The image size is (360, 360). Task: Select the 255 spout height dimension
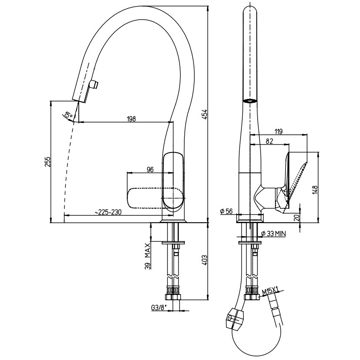pyautogui.click(x=48, y=162)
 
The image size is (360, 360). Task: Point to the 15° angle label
pyautogui.click(x=68, y=115)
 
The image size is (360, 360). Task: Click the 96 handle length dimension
pyautogui.click(x=150, y=170)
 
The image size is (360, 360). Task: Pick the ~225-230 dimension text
pyautogui.click(x=108, y=212)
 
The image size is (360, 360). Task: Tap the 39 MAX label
pyautogui.click(x=148, y=257)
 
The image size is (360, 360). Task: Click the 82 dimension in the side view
pyautogui.click(x=270, y=141)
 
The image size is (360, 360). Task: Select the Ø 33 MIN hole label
pyautogui.click(x=273, y=234)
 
